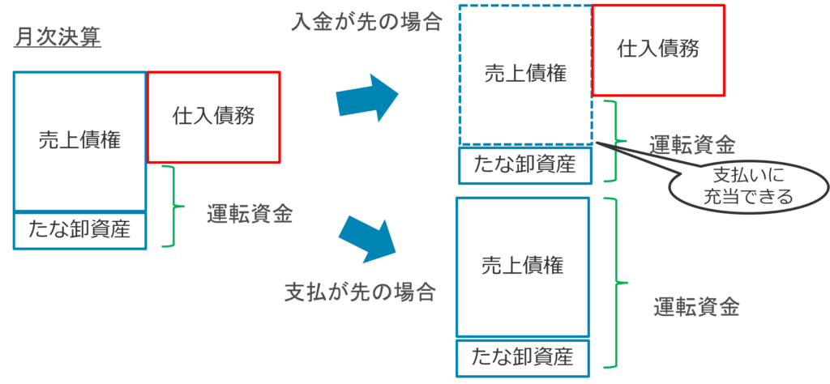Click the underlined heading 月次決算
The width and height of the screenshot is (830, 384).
58,38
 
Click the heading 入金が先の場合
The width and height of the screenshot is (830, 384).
366,22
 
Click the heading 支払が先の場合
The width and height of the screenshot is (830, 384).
361,292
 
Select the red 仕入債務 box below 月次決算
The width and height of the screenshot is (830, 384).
213,117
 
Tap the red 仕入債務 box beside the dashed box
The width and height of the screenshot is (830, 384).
658,50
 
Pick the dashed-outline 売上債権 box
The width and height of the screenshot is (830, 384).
525,75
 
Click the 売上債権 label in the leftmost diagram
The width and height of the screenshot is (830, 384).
80,141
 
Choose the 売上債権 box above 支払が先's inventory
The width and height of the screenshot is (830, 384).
523,267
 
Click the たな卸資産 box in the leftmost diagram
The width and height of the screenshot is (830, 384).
79,231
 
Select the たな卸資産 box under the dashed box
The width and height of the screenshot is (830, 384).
525,165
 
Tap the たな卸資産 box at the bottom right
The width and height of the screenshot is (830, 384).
523,357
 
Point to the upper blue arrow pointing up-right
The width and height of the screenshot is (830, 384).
367,98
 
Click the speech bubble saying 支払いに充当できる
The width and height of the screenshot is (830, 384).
747,186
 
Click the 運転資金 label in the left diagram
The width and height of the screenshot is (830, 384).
250,215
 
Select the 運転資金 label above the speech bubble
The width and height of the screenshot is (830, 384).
692,143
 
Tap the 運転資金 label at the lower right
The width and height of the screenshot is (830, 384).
696,307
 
